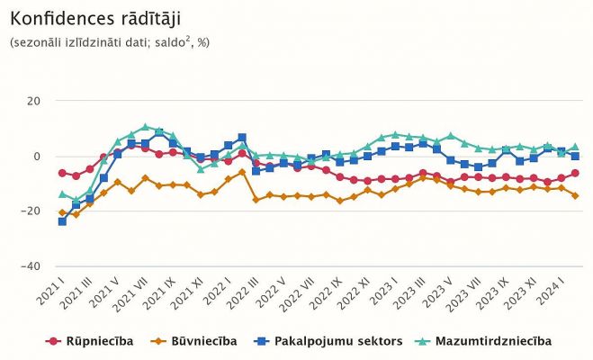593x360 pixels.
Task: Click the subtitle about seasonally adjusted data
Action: coord(109,43)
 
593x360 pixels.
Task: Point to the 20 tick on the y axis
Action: coord(34,101)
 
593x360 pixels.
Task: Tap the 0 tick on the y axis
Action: coord(37,156)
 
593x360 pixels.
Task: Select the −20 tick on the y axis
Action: coord(31,211)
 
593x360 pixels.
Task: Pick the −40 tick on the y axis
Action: coord(31,266)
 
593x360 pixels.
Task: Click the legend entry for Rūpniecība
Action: coord(94,341)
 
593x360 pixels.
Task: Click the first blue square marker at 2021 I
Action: coord(62,221)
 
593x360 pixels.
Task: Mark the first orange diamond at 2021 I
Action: coord(62,213)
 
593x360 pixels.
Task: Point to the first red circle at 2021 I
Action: coord(62,173)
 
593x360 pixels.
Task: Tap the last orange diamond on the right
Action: coord(575,195)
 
